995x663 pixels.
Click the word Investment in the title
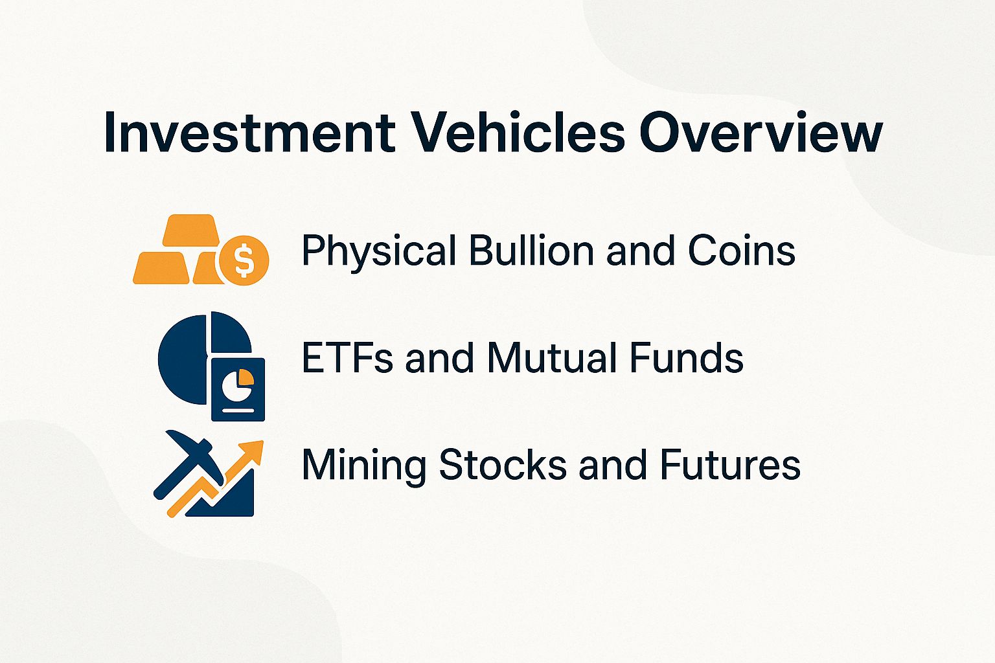[249, 133]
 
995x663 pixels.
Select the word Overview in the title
[761, 133]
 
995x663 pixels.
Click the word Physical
[378, 251]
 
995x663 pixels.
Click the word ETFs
[347, 358]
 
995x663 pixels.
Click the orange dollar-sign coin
[244, 260]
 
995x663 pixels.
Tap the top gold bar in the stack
[189, 230]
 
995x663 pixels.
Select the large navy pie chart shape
[185, 359]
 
